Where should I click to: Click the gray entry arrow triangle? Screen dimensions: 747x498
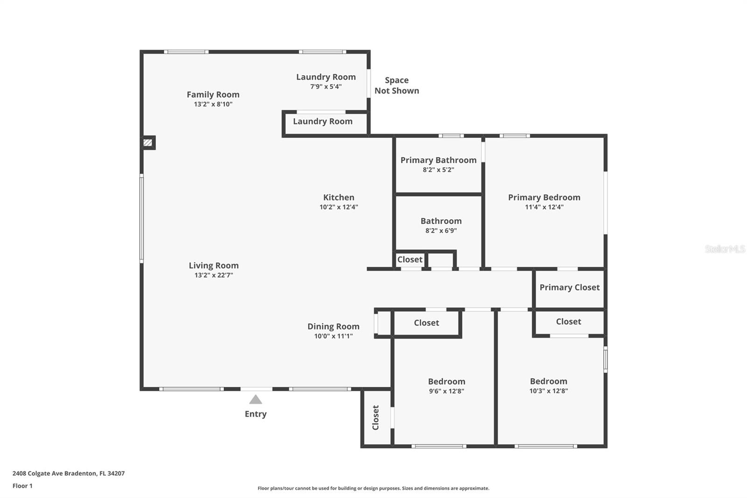(255, 399)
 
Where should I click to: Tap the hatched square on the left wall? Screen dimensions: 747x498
(148, 143)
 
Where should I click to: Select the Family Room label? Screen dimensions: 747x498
(213, 94)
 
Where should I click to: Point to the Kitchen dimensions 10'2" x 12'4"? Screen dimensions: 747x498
(339, 207)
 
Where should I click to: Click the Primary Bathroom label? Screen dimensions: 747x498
(438, 160)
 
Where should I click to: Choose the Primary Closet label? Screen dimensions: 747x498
(570, 287)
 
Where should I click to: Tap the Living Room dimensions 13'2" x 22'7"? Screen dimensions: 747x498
(214, 275)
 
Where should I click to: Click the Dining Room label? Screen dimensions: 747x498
(333, 327)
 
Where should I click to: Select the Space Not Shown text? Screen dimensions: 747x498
(397, 85)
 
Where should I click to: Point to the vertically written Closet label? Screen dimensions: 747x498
(375, 418)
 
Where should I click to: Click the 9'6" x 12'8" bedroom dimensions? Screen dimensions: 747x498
(446, 391)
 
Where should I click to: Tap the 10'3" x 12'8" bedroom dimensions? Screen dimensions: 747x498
(549, 391)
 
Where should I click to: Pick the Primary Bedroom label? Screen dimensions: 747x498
(544, 198)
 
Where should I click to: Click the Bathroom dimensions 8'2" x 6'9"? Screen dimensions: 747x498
(441, 231)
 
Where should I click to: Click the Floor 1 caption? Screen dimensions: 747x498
(23, 486)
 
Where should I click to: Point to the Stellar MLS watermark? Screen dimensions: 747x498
(725, 249)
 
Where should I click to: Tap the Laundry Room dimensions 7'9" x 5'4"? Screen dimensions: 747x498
(326, 87)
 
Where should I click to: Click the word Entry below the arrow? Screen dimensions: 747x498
(256, 414)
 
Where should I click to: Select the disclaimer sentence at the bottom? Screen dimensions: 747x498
(373, 488)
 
